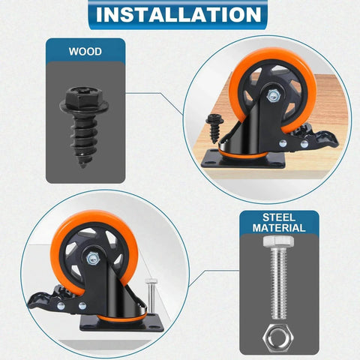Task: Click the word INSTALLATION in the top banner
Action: pos(178,14)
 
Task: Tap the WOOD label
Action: pos(85,52)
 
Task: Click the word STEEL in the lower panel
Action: pos(279,217)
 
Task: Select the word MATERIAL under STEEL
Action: pos(279,228)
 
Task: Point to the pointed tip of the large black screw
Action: pos(82,165)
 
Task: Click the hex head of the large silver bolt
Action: pos(278,241)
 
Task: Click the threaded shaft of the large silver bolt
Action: pos(279,283)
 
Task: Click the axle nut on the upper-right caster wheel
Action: pos(273,96)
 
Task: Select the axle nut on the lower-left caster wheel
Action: pos(93,259)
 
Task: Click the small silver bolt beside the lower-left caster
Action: pos(151,296)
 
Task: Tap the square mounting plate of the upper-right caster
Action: pos(243,159)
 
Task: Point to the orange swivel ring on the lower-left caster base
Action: pos(122,318)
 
